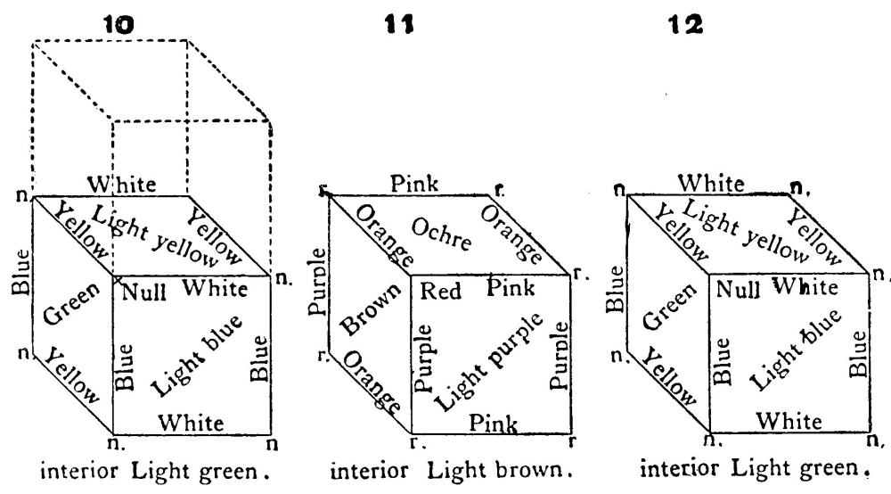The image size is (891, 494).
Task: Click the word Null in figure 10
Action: (x=141, y=292)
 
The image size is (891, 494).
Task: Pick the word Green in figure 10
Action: (x=67, y=310)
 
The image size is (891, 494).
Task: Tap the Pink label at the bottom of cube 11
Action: (x=496, y=420)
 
